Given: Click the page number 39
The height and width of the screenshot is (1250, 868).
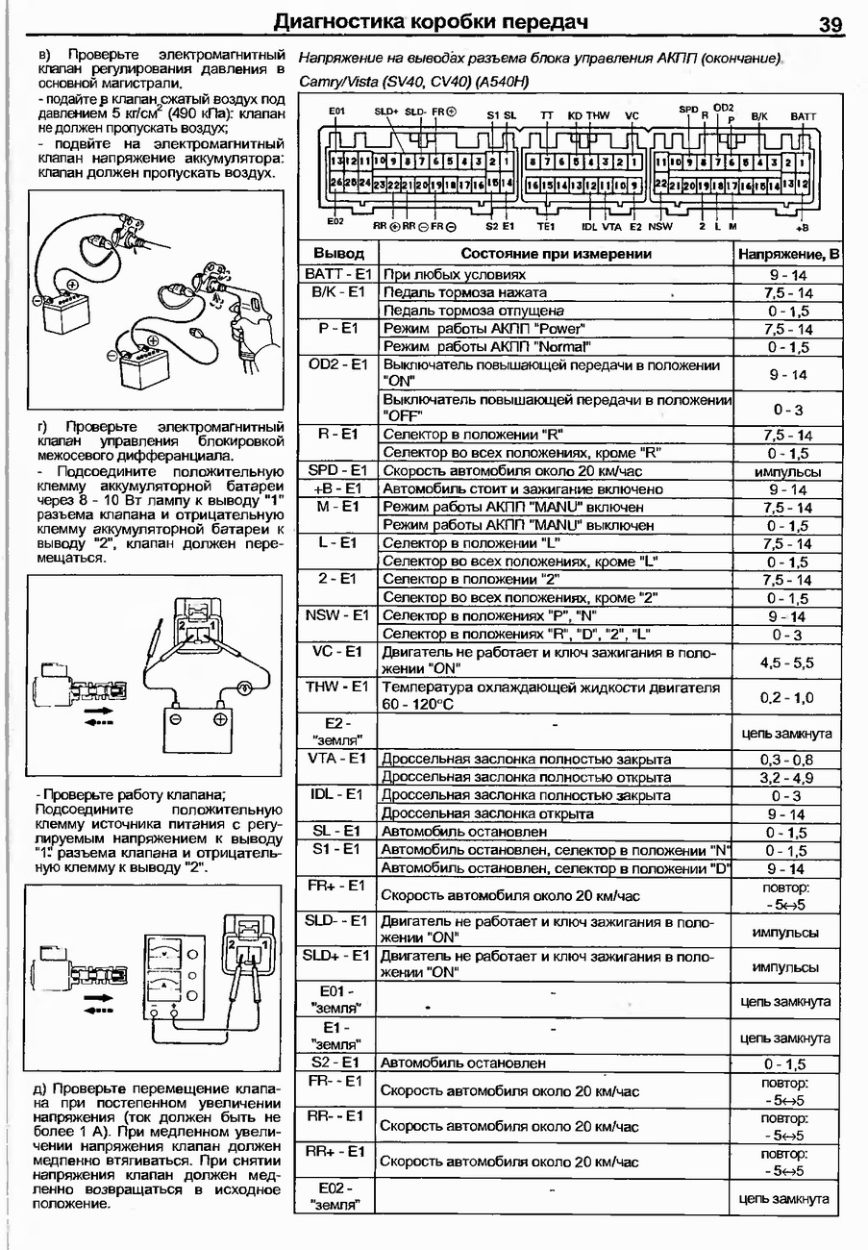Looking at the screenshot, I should click(831, 24).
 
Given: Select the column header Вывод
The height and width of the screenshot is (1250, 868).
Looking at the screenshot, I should click(338, 254).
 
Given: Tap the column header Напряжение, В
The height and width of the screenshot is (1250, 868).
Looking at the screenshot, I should click(787, 254).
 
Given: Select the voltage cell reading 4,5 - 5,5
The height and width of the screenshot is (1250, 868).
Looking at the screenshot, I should click(786, 662).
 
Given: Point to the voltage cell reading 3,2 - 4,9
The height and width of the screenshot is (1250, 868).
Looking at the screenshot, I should click(786, 777).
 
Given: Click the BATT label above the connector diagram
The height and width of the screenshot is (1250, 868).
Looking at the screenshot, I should click(804, 116).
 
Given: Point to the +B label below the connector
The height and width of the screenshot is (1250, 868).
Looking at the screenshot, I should click(802, 227).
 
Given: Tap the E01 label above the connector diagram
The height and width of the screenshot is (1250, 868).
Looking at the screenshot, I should click(336, 112).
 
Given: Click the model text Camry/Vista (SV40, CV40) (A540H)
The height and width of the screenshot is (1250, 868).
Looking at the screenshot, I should click(414, 81).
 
